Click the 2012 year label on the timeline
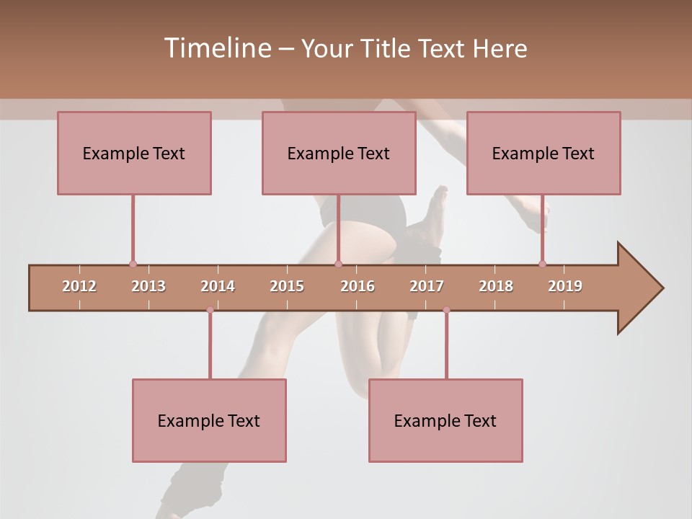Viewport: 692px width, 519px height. coord(79,286)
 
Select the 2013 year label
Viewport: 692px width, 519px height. coord(148,286)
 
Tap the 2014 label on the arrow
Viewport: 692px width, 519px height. coord(218,286)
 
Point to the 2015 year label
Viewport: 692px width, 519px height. coord(287,286)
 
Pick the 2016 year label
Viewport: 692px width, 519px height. coord(358,286)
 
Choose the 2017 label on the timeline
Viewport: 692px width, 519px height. coord(427,286)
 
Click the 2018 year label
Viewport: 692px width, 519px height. coord(496,286)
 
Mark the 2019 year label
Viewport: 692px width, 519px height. coord(565,286)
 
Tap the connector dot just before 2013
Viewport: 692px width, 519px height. coord(133,264)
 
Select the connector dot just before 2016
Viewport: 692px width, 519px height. coord(339,264)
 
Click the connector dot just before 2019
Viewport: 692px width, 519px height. coord(542,264)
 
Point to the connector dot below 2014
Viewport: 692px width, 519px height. coord(210,310)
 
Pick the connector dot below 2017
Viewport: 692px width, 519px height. coord(446,310)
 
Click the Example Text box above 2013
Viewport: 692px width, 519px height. coord(134,153)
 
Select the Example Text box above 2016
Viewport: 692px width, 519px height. coord(339,153)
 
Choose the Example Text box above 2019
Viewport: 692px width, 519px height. coord(544,153)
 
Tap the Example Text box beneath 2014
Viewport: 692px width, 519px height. coord(209,420)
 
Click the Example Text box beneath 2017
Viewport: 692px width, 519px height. coord(445,420)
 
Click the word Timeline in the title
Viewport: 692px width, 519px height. coord(216,48)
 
